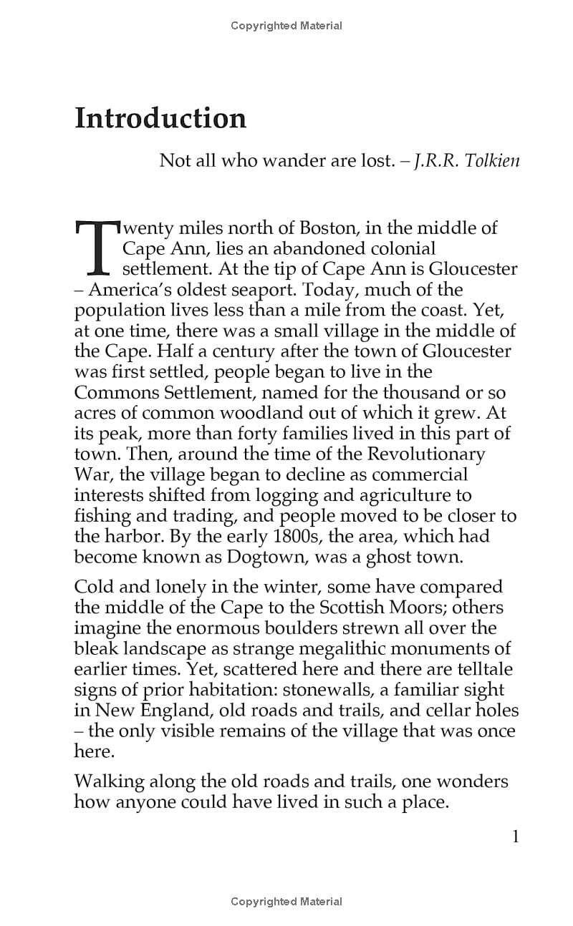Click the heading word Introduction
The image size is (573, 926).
[160, 118]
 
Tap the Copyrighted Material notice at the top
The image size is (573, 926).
[286, 26]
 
